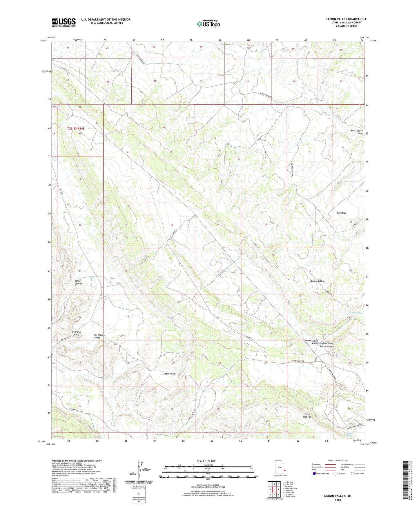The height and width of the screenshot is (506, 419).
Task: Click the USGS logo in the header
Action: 64,22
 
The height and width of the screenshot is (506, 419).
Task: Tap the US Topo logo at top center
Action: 208,24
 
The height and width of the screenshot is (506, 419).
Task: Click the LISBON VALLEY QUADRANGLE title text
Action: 346,19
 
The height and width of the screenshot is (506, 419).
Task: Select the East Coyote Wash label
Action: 357,132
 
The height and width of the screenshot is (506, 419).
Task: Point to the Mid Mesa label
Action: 341,213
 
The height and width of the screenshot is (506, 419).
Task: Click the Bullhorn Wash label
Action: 317,281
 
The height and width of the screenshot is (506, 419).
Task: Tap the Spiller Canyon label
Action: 78,282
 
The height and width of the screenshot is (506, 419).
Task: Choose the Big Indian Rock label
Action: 77,333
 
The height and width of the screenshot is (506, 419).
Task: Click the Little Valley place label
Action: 169,374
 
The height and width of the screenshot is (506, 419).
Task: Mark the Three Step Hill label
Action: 307,416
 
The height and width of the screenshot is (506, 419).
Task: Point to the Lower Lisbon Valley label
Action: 311,342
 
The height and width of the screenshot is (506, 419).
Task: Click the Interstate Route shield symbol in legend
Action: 314,474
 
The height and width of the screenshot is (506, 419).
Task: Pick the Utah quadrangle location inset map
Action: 280,468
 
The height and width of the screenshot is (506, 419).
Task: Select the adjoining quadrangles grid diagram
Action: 274,490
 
